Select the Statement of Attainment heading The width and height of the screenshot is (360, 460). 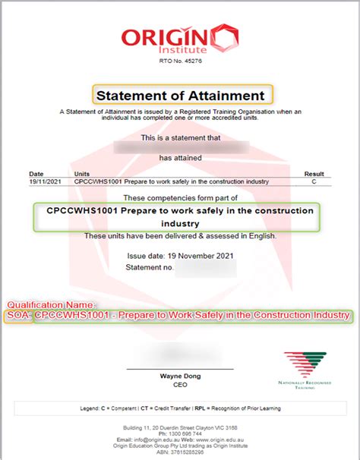click(x=179, y=96)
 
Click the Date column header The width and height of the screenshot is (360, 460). click(x=37, y=174)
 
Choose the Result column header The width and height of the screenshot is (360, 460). click(x=314, y=174)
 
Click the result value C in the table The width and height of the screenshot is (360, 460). click(x=314, y=182)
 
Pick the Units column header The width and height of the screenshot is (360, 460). click(x=82, y=174)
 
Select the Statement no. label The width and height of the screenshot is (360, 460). click(x=150, y=268)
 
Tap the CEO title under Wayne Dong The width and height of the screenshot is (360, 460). click(x=180, y=385)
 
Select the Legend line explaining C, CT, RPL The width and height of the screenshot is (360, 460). click(x=180, y=408)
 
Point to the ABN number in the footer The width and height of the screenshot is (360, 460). click(x=180, y=451)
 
